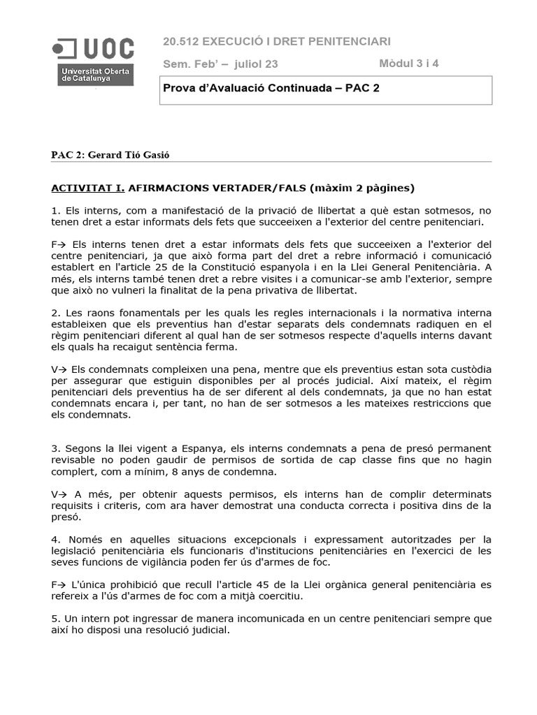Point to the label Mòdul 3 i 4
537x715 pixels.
(x=409, y=64)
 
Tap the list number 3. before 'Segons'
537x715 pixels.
(x=56, y=448)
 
